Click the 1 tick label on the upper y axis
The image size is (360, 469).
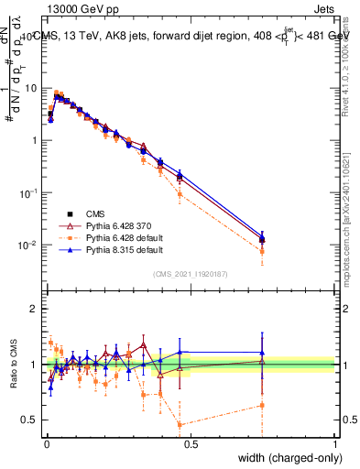(34, 140)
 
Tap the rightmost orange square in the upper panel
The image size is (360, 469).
(262, 251)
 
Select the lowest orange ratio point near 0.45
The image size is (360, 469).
(180, 424)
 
